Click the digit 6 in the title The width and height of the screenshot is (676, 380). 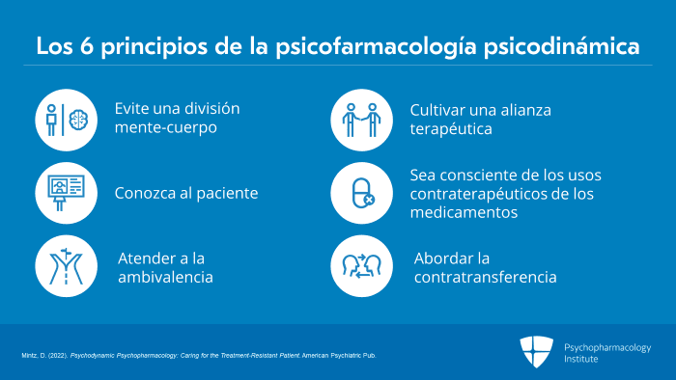87,46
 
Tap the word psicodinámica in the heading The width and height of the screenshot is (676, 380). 561,47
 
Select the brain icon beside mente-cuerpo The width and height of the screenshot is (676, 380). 78,120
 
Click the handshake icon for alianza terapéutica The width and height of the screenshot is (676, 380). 362,120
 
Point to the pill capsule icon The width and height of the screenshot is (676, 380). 362,193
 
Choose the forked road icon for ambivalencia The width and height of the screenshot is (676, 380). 66,266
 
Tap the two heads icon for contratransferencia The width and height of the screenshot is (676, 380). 362,266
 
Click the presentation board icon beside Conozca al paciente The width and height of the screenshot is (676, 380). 66,192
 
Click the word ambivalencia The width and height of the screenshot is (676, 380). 165,277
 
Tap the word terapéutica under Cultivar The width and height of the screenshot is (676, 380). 451,129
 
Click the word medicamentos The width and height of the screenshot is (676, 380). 464,212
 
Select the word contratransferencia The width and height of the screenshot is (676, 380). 486,277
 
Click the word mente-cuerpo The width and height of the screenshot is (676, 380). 166,128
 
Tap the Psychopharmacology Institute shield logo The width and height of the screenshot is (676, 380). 536,352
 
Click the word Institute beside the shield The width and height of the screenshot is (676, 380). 581,359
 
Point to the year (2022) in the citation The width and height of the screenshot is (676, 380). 58,356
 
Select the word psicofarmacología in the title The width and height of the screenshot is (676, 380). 376,47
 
